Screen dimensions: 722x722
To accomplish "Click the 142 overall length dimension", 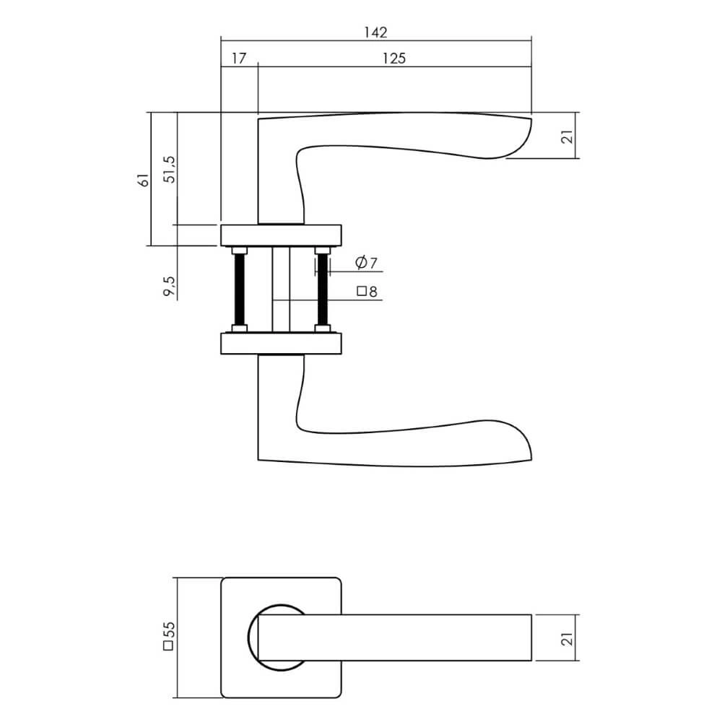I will click(375, 32).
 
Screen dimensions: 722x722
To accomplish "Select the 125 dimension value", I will click(393, 59).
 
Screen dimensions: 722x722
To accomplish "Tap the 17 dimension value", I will click(239, 59).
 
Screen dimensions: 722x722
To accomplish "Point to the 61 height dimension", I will click(144, 180).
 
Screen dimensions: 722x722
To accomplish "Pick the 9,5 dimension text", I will click(170, 286).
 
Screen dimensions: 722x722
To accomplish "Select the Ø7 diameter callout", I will click(367, 264).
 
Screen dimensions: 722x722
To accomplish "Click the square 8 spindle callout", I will click(367, 292).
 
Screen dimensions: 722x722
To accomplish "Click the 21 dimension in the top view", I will click(567, 136).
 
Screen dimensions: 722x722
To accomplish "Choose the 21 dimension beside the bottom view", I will click(567, 638).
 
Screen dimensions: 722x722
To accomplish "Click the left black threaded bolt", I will click(240, 289).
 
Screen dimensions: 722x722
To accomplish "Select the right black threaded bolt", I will click(322, 289).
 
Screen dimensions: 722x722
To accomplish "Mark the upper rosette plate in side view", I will click(281, 235).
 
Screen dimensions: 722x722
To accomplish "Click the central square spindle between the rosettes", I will click(281, 289).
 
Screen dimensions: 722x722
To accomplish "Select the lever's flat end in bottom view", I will click(531, 638).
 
